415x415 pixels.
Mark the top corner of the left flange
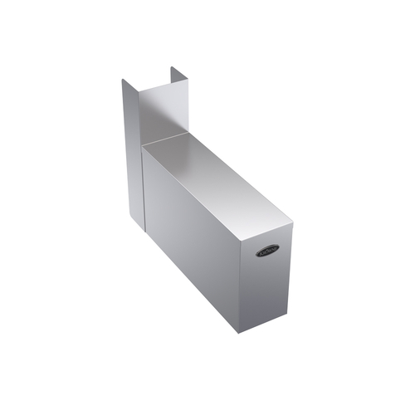click(123, 80)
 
